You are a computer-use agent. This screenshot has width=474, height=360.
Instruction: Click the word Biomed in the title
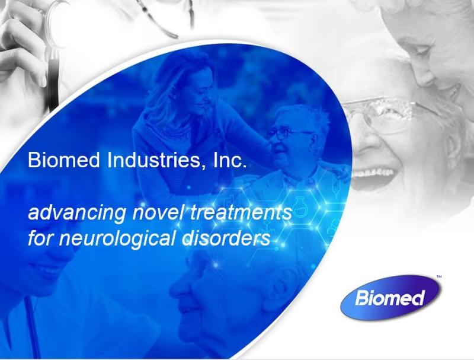pos(63,160)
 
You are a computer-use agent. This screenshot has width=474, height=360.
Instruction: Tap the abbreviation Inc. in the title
pos(229,160)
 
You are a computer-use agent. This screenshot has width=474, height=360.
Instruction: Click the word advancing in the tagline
pos(77,214)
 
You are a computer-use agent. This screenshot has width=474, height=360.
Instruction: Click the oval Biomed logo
pos(390,297)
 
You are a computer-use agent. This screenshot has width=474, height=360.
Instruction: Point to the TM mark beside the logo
pos(439,276)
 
